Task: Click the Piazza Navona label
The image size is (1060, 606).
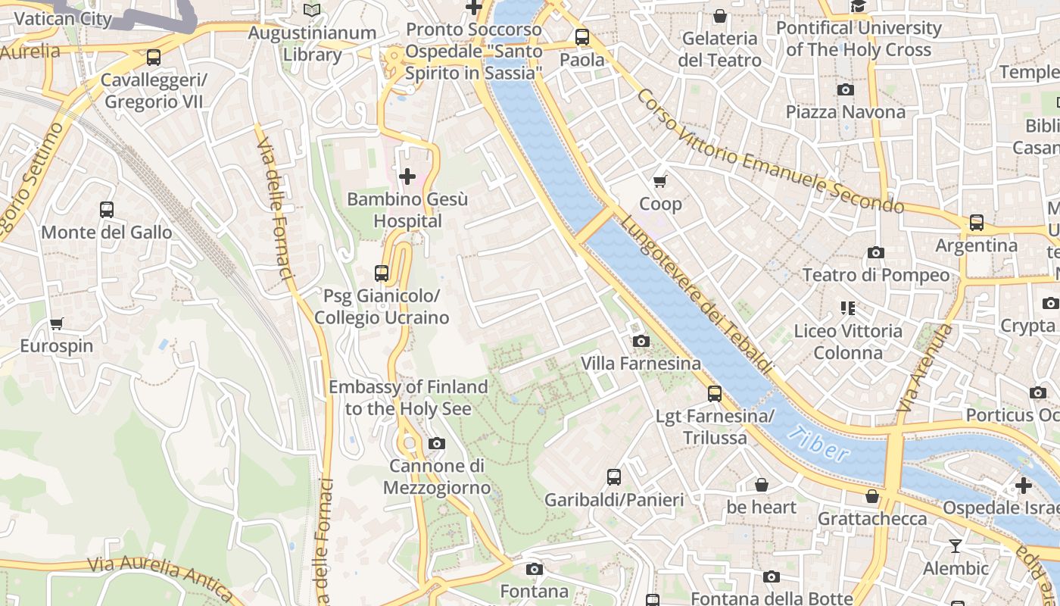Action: pyautogui.click(x=845, y=112)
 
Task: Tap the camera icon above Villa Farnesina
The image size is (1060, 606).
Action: pyautogui.click(x=641, y=341)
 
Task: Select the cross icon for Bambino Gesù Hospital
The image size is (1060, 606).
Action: pyautogui.click(x=407, y=177)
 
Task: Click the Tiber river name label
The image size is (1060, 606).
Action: pyautogui.click(x=817, y=444)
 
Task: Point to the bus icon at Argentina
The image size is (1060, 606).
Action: pyautogui.click(x=977, y=223)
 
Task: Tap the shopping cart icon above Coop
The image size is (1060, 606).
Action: pyautogui.click(x=660, y=181)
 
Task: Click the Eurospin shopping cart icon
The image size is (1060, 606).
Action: pyautogui.click(x=56, y=323)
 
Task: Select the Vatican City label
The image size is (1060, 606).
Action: pyautogui.click(x=63, y=19)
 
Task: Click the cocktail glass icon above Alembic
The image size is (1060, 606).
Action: pyautogui.click(x=956, y=545)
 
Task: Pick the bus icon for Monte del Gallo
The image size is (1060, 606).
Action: pyautogui.click(x=107, y=209)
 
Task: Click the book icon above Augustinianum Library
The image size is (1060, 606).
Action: pyautogui.click(x=312, y=10)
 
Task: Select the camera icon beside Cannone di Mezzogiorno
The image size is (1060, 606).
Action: pyautogui.click(x=437, y=443)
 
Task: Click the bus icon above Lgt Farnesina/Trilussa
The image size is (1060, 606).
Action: pyautogui.click(x=714, y=393)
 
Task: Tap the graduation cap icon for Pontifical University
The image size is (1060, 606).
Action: pyautogui.click(x=858, y=7)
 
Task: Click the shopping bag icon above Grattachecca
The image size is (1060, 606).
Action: pyautogui.click(x=872, y=496)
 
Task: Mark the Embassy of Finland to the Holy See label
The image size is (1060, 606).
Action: pyautogui.click(x=408, y=398)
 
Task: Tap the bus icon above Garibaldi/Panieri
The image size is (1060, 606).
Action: pyautogui.click(x=614, y=477)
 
